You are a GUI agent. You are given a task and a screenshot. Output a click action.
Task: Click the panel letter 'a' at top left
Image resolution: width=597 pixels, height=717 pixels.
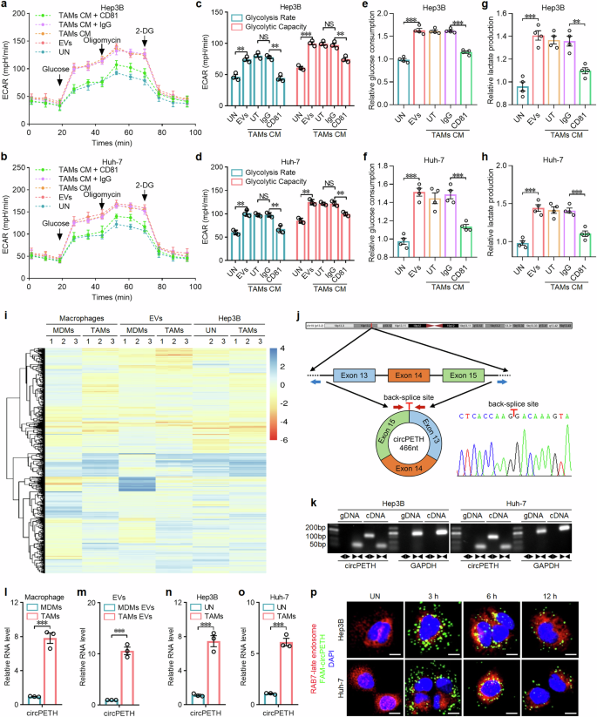coord(6,7)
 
